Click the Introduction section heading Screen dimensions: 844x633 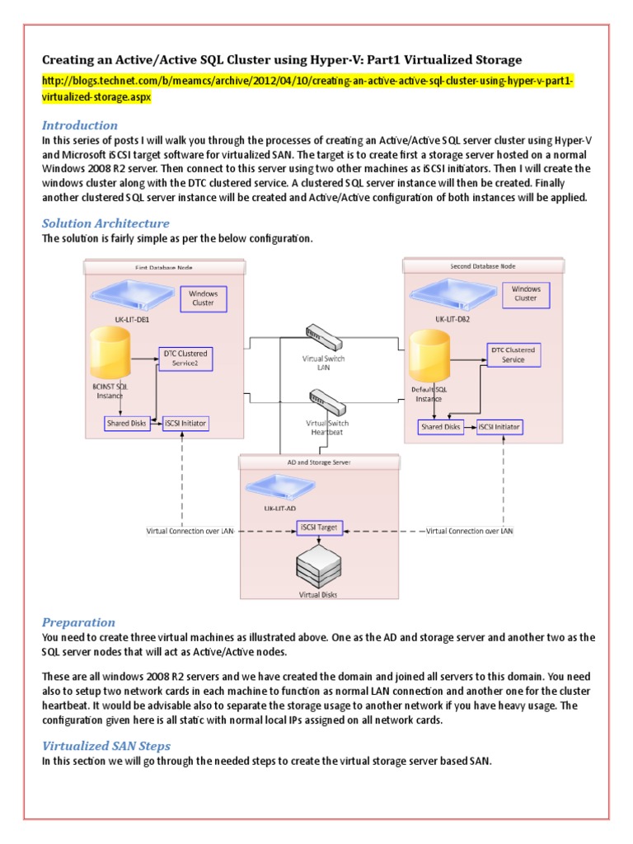[x=79, y=125]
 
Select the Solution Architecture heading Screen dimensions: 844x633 [x=105, y=223]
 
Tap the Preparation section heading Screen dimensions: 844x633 [x=78, y=622]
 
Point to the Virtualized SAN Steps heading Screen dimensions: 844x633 [x=106, y=746]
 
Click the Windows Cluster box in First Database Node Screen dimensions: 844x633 [x=203, y=298]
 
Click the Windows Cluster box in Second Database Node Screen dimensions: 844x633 [x=525, y=294]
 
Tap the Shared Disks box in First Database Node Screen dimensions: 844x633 [x=126, y=424]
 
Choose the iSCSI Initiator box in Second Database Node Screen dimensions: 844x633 [x=499, y=427]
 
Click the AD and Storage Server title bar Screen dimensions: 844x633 [x=319, y=463]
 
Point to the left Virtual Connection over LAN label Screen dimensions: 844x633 [x=190, y=532]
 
